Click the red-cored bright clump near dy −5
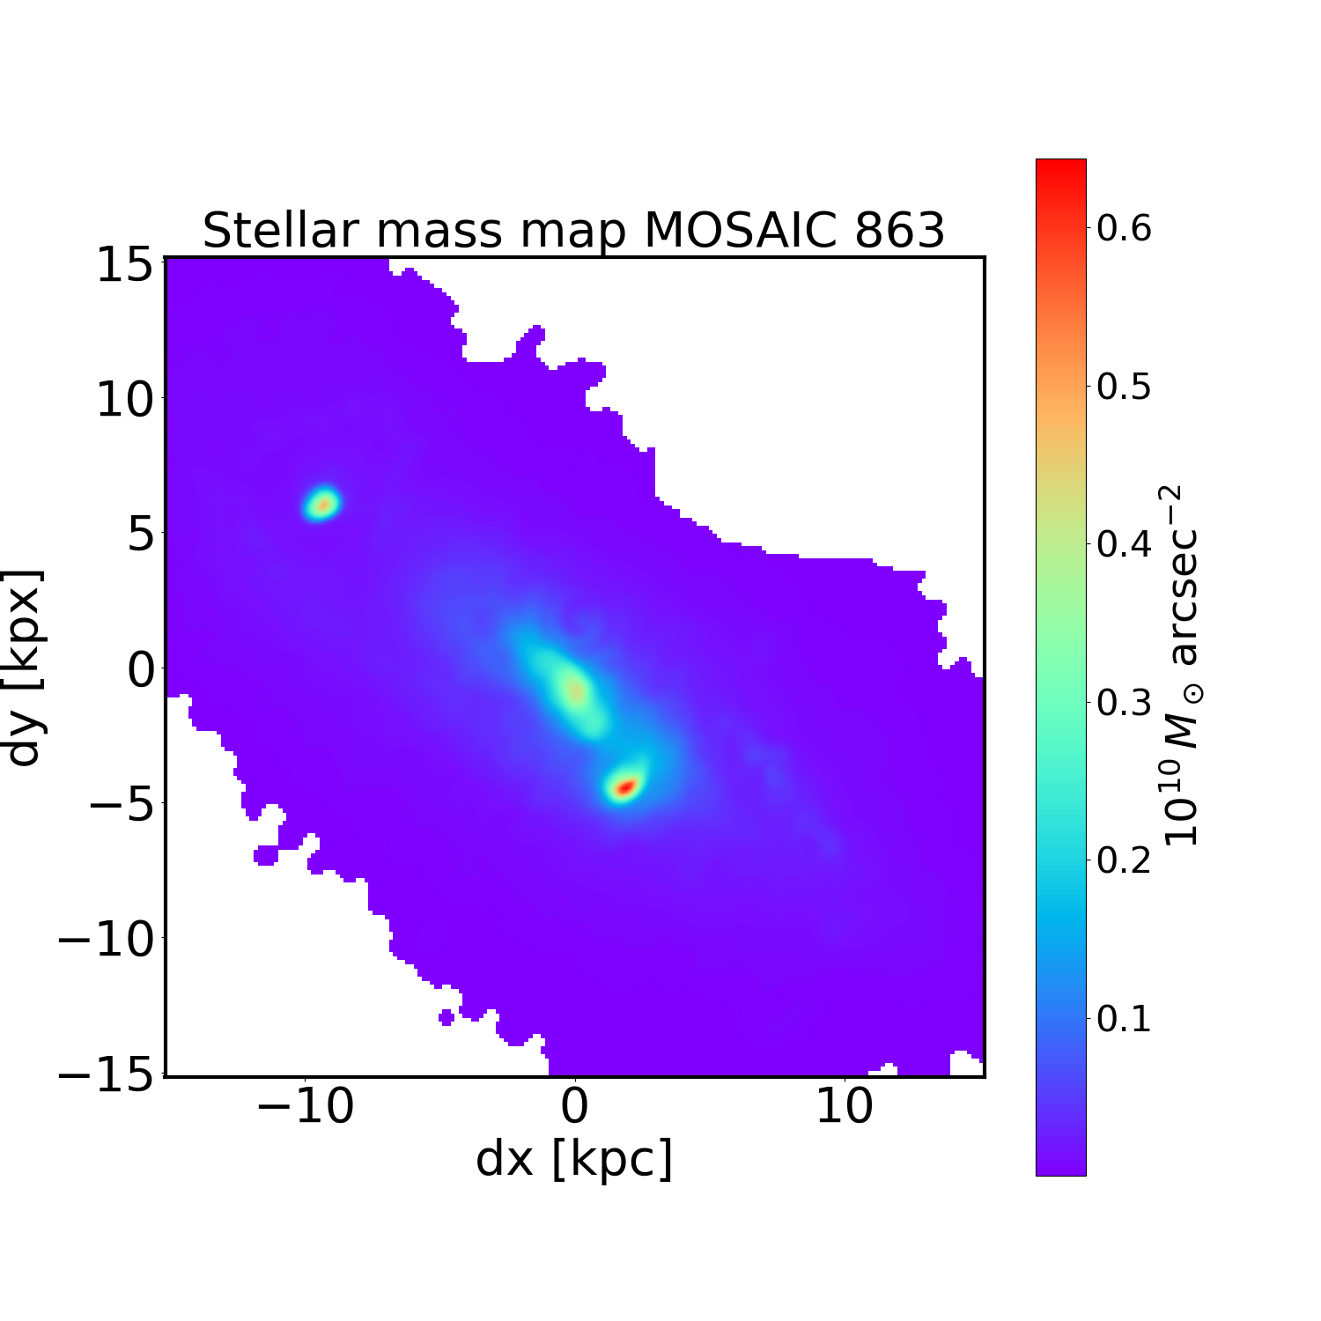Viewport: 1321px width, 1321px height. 624,786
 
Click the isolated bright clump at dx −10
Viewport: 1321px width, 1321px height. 323,505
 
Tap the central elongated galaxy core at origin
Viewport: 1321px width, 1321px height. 574,690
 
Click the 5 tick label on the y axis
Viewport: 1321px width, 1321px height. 141,535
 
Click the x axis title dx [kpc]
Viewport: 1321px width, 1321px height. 574,1159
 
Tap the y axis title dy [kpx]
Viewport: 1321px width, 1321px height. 24,668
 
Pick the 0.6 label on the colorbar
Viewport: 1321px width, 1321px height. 1124,228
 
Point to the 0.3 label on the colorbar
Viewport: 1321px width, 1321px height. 1124,703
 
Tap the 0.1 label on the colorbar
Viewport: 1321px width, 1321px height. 1124,1019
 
